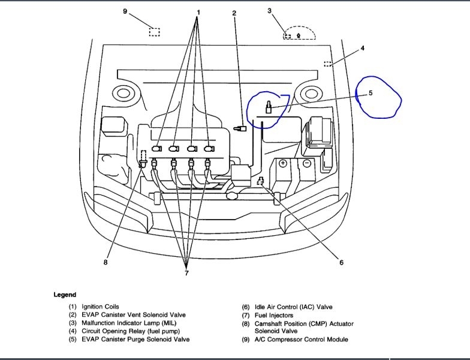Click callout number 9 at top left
tap(125, 11)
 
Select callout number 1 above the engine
tap(198, 12)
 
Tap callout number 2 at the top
tap(234, 13)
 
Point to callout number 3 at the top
tap(270, 10)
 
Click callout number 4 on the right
tap(362, 48)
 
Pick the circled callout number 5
tap(370, 93)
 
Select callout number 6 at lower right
tap(341, 262)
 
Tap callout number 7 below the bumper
tap(186, 273)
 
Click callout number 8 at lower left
tap(106, 262)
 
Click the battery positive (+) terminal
tap(283, 163)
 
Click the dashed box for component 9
tap(155, 32)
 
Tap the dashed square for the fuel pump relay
tap(328, 64)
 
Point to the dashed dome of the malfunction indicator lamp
tap(299, 33)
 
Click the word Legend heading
tap(65, 295)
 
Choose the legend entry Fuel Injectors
tap(276, 315)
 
